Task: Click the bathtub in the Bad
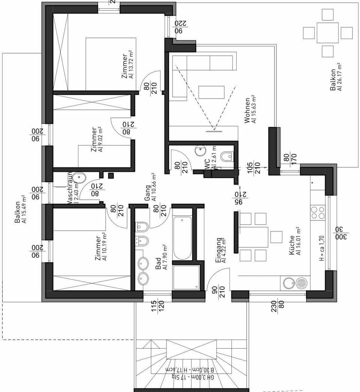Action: pos(182,238)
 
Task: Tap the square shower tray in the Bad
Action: pos(186,277)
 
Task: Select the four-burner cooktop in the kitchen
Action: pos(318,212)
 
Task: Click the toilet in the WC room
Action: pos(226,156)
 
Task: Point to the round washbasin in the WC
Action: pos(201,151)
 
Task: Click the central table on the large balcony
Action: pos(327,33)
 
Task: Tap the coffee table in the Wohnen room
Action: pos(211,92)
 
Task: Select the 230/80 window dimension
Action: pos(277,307)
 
